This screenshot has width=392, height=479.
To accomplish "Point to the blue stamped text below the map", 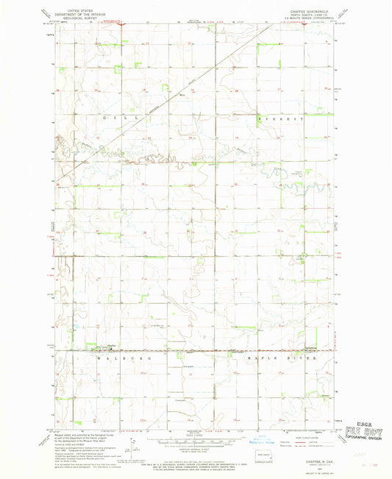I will click(x=246, y=443).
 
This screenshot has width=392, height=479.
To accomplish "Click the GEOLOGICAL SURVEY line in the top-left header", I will click(x=83, y=15).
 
